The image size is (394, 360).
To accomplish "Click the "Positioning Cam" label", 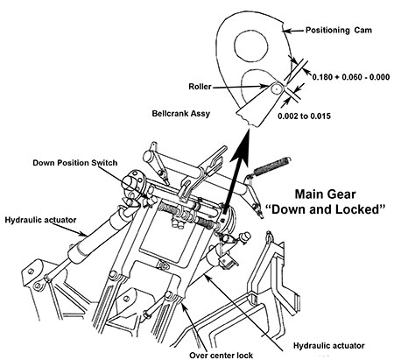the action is point(339,30).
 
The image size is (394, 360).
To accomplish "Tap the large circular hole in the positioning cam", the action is point(251,46).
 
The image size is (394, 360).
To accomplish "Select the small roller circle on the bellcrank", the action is point(275,88).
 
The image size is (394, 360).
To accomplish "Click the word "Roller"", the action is point(200,87).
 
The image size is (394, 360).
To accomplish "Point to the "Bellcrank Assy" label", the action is point(181,113).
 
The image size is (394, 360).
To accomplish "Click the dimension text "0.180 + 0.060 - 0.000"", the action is point(351,77).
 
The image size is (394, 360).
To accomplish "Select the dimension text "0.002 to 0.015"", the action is point(304,116).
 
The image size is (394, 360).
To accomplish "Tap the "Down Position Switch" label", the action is point(75,163).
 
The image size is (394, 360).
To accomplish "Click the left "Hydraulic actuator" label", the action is point(40,220).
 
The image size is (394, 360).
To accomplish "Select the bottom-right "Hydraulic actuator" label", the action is point(329,346).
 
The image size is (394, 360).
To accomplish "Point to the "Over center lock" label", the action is point(222,356).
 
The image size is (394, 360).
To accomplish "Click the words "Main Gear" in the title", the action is point(325,194).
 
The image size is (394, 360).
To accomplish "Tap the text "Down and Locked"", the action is point(326,209).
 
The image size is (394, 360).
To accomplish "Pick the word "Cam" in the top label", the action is point(363,30).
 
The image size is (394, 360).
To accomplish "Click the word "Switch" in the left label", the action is point(104,163).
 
